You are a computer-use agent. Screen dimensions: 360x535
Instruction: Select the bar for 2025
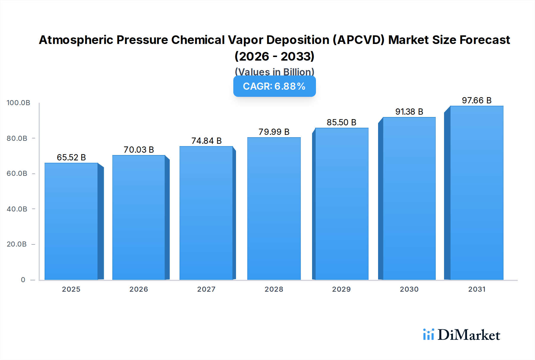click(71, 221)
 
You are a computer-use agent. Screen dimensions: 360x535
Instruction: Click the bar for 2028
click(274, 209)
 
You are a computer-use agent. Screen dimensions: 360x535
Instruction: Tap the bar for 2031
click(476, 193)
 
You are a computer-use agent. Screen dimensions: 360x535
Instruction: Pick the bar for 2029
click(342, 204)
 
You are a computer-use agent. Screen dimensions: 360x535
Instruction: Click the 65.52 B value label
click(71, 157)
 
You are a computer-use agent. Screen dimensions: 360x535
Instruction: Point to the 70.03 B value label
click(139, 150)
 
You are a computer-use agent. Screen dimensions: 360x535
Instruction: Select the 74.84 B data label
click(207, 141)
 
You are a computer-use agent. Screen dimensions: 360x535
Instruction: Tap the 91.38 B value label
click(409, 112)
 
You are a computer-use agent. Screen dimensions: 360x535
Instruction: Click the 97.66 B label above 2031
click(476, 100)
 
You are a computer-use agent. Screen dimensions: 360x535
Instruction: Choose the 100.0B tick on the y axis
click(18, 103)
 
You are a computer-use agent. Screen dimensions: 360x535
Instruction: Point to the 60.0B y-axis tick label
click(17, 173)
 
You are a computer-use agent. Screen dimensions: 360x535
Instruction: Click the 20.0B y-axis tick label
click(17, 244)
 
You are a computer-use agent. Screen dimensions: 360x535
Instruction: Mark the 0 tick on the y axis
click(23, 280)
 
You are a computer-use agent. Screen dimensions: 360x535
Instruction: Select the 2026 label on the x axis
click(139, 289)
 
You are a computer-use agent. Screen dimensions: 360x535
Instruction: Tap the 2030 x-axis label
click(409, 289)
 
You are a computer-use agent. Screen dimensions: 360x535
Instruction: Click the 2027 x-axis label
click(206, 289)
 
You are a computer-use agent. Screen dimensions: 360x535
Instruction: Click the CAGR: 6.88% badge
click(274, 86)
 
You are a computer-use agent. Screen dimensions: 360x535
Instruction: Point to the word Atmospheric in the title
click(76, 40)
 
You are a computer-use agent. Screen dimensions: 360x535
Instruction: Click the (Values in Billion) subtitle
click(274, 71)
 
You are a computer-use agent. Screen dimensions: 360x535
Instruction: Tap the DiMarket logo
click(461, 335)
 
